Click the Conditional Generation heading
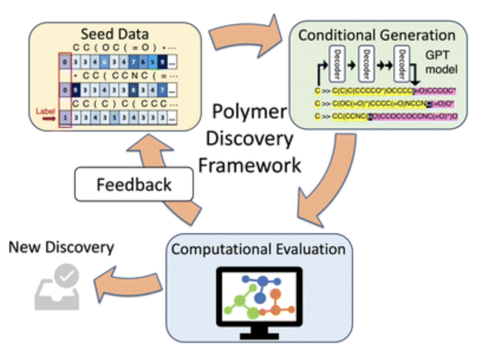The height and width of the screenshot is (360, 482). point(377,35)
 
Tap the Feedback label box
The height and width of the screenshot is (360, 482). point(134,184)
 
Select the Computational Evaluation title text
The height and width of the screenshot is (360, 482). point(258,248)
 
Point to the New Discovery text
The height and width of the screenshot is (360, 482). point(61,247)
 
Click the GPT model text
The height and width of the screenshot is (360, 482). point(438,62)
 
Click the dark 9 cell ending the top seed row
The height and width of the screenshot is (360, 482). point(161,61)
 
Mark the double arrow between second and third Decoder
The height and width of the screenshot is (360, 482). point(385,61)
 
